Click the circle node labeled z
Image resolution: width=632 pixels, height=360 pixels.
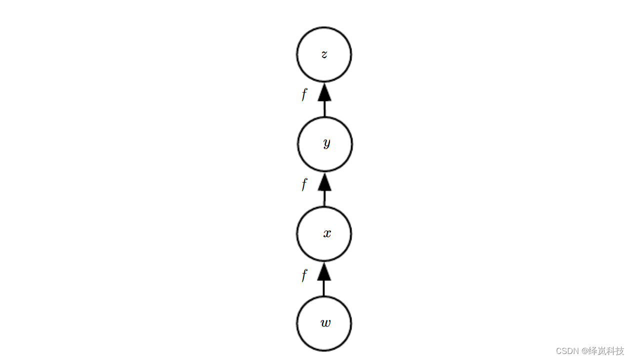[x=324, y=54]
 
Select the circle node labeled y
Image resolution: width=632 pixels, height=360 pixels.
[x=324, y=144]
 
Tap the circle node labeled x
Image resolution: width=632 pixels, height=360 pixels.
[x=324, y=234]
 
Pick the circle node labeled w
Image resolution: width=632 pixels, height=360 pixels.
[x=324, y=323]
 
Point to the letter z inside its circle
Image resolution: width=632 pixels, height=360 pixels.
[x=324, y=54]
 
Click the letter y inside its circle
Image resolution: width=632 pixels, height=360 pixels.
[x=326, y=143]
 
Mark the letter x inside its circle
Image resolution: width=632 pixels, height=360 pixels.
[x=327, y=233]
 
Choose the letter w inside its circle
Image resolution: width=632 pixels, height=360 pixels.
[x=325, y=323]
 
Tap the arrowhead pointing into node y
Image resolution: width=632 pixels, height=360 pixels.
[x=324, y=182]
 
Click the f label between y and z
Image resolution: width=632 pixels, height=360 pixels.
[x=304, y=94]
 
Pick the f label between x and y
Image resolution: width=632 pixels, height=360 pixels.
[x=304, y=184]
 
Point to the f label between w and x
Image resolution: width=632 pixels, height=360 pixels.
[x=304, y=274]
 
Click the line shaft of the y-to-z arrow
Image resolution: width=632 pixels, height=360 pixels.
[x=324, y=109]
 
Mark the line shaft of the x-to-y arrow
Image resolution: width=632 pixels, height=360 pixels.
[x=324, y=198]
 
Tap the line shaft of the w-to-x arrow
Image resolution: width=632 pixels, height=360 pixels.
[x=324, y=288]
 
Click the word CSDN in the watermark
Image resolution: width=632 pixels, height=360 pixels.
[x=567, y=351]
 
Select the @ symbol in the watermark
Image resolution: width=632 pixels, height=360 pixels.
[x=585, y=351]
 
